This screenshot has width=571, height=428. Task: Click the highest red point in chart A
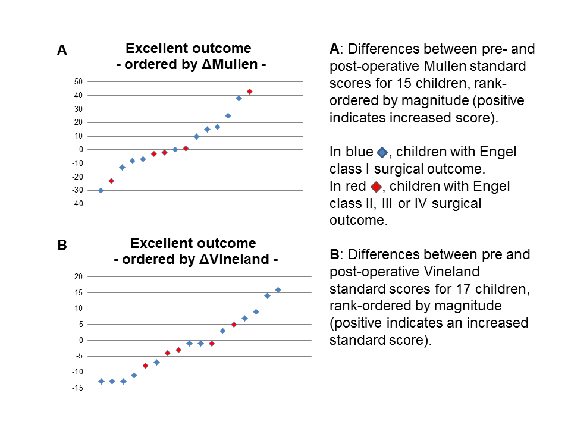click(249, 92)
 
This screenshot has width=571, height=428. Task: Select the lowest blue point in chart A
click(101, 190)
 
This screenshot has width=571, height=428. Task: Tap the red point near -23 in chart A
click(111, 181)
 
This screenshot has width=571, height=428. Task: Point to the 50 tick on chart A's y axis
click(79, 81)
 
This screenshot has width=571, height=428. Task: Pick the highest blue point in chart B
click(278, 289)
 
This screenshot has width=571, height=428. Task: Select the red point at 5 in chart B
click(234, 325)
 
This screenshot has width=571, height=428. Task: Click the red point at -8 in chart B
click(145, 366)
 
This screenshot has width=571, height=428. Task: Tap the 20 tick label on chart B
click(78, 276)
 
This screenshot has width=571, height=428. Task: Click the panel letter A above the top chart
click(62, 51)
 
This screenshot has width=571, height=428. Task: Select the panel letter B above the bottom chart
click(62, 245)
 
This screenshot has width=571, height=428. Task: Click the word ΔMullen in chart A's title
click(225, 65)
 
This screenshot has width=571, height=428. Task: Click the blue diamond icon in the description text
click(382, 153)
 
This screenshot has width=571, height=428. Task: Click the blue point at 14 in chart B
click(267, 295)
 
